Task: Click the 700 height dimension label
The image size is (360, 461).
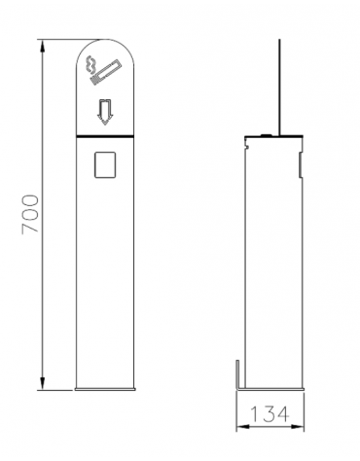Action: [30, 214]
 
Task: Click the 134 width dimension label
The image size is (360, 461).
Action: [270, 414]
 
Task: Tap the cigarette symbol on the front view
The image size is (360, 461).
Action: [105, 72]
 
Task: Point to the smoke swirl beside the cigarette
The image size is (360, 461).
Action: [90, 65]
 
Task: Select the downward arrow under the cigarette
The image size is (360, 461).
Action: [105, 112]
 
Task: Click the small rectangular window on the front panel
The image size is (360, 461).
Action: [105, 164]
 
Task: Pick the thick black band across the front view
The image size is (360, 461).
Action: [105, 136]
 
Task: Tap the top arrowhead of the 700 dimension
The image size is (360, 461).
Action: [42, 46]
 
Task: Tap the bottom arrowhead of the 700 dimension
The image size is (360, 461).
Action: [42, 383]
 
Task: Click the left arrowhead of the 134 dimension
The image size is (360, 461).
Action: [243, 427]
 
